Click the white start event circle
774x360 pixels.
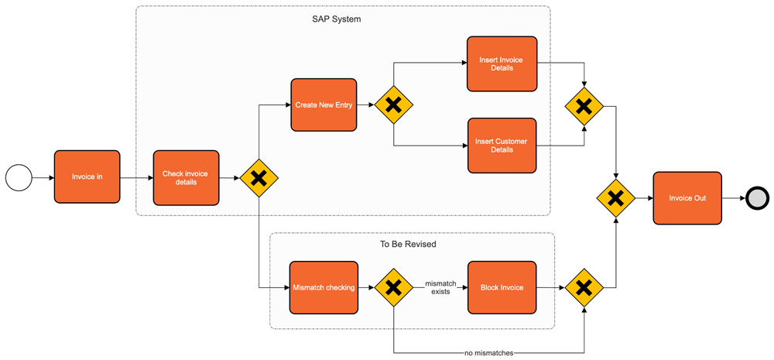click(x=19, y=177)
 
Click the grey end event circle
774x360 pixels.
click(x=757, y=198)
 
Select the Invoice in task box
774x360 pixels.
click(x=87, y=177)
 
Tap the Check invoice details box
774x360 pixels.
click(x=186, y=178)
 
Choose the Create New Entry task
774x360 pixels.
click(x=324, y=105)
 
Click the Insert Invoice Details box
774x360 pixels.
click(x=502, y=63)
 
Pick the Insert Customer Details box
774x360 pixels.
click(x=502, y=146)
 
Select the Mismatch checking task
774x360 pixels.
click(x=324, y=288)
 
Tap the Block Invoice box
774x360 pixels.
click(x=502, y=288)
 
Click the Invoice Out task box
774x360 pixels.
click(x=687, y=198)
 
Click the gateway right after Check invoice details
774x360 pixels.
click(x=259, y=178)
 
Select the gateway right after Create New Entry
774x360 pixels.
click(x=393, y=105)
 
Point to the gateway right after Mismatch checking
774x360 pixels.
click(x=393, y=288)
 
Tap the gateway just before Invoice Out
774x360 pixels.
click(x=615, y=198)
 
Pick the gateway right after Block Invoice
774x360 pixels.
click(x=584, y=288)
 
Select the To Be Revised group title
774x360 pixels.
click(x=408, y=245)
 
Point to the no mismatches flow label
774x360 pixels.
click(x=488, y=353)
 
